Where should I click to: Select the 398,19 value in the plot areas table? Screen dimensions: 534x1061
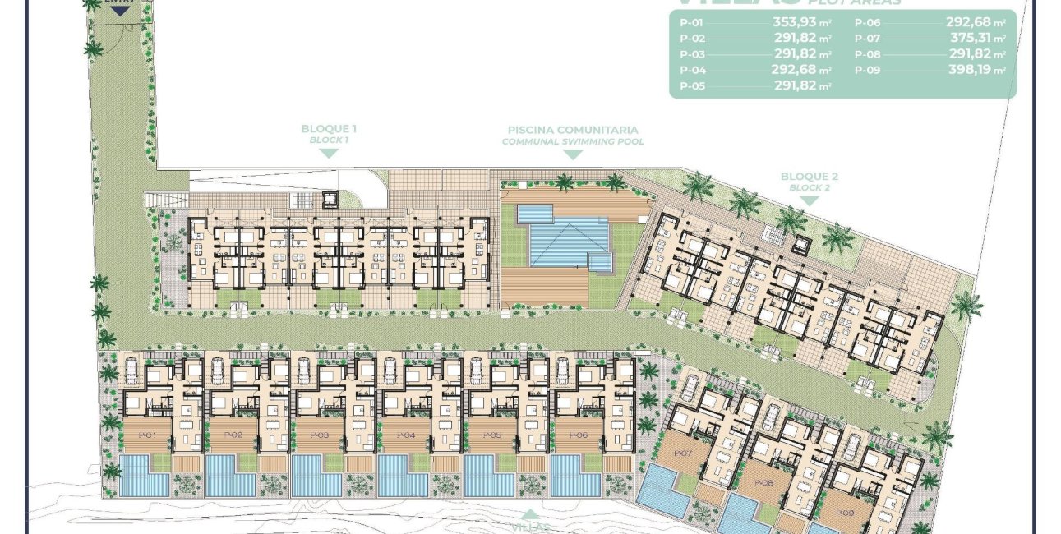pos(970,70)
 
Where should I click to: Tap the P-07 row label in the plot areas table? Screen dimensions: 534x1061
pos(867,39)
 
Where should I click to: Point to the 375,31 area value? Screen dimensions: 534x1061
pos(970,39)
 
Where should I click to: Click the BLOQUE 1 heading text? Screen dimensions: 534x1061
pos(329,129)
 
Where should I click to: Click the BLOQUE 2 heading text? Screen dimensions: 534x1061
pos(810,177)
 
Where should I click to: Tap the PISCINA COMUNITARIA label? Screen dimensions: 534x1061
pos(573,130)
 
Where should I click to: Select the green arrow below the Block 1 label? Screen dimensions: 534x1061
pos(329,153)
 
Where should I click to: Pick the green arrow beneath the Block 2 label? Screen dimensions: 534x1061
pos(810,200)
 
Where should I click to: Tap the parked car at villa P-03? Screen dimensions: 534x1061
pos(302,372)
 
